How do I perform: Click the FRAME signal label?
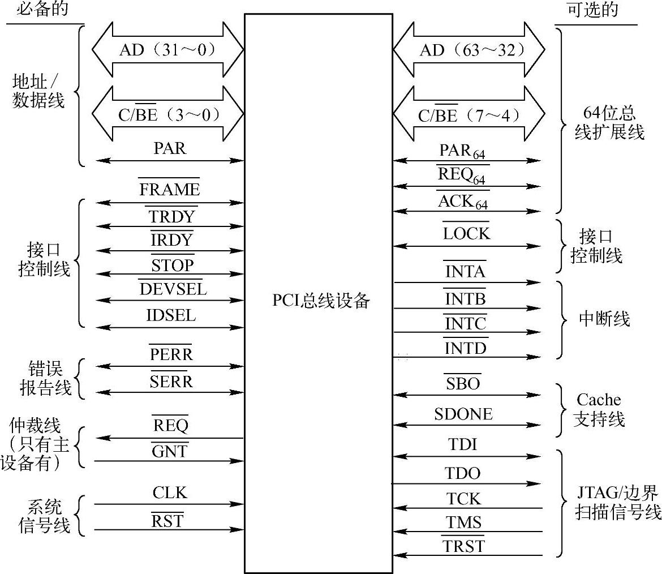pyautogui.click(x=169, y=190)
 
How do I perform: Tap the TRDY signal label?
pyautogui.click(x=171, y=217)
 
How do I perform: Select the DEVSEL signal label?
pyautogui.click(x=173, y=289)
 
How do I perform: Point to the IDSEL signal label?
pyautogui.click(x=171, y=315)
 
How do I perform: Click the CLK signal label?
pyautogui.click(x=170, y=493)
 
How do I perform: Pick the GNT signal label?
pyautogui.click(x=170, y=452)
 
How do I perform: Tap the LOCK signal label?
pyautogui.click(x=466, y=233)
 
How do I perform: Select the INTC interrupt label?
pyautogui.click(x=465, y=324)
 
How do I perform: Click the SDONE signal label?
pyautogui.click(x=463, y=414)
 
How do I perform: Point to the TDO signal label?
pyautogui.click(x=462, y=473)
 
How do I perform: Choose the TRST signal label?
pyautogui.click(x=463, y=546)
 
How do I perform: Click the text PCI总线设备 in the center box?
pyautogui.click(x=321, y=300)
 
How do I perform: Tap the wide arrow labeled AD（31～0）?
pyautogui.click(x=167, y=50)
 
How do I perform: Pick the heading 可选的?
pyautogui.click(x=592, y=10)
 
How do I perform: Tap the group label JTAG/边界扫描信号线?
pyautogui.click(x=617, y=503)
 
